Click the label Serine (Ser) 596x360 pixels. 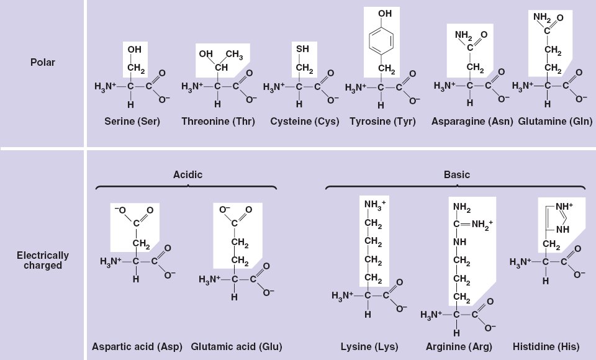click(x=132, y=122)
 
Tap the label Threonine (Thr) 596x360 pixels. click(x=214, y=122)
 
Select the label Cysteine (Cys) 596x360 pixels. click(x=305, y=122)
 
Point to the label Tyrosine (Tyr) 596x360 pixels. click(x=383, y=122)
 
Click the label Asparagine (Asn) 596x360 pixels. click(x=472, y=122)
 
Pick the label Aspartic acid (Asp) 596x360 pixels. click(x=137, y=346)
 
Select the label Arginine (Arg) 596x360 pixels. click(x=459, y=346)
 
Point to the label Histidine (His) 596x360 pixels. click(x=547, y=346)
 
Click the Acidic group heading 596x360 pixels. click(x=187, y=175)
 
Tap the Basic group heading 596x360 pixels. click(x=457, y=175)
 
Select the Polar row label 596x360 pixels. click(x=43, y=63)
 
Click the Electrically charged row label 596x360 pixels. click(x=43, y=261)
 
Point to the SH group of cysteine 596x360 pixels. click(x=303, y=49)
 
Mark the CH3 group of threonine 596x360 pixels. click(x=234, y=55)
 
